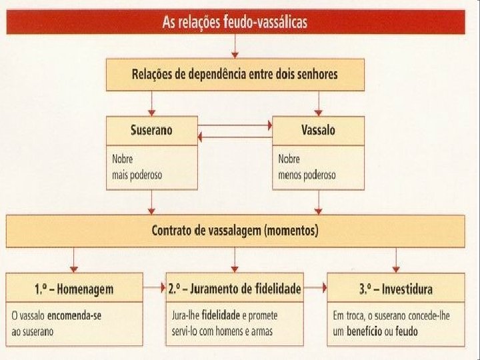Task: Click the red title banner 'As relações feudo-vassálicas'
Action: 235,23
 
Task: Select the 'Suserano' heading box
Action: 152,129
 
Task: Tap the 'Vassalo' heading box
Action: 319,129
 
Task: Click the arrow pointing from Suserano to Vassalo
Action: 235,125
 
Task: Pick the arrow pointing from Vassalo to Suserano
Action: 235,137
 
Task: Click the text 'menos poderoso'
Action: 307,175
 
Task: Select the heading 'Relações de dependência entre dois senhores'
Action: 235,74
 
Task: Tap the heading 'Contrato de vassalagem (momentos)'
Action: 235,231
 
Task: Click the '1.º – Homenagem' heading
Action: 74,289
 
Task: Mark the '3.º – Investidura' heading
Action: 396,289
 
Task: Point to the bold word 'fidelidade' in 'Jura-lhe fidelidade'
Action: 217,315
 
